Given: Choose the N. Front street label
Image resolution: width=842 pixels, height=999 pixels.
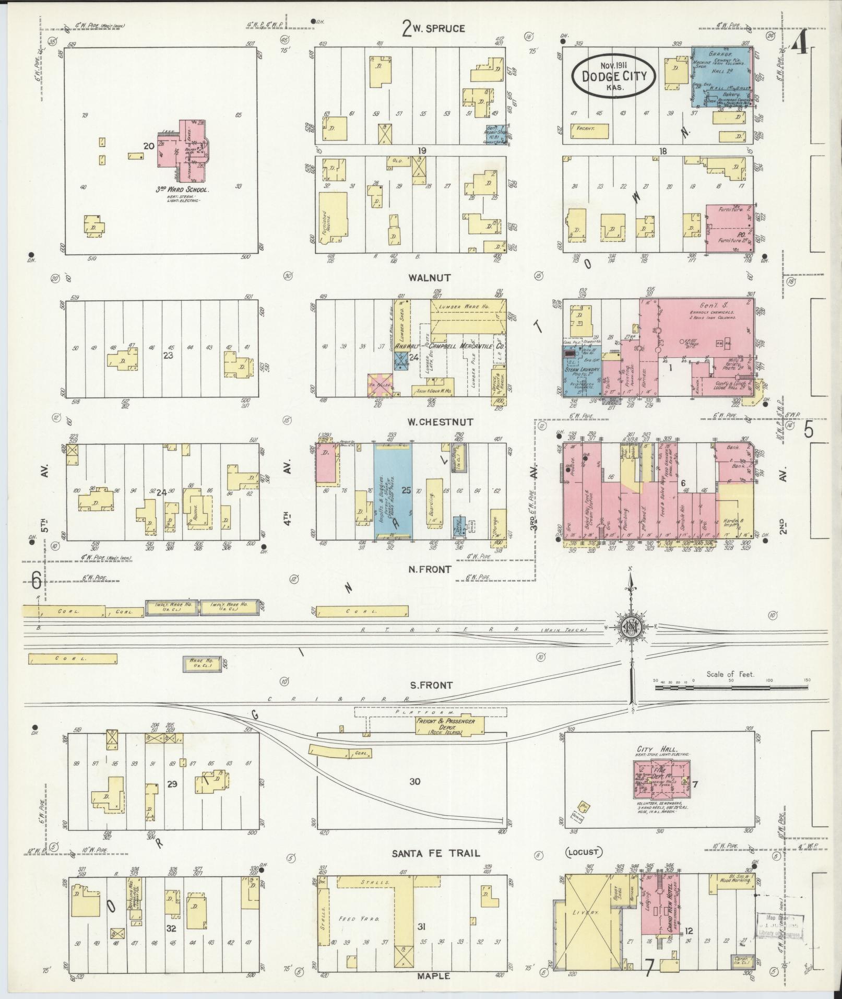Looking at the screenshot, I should coord(429,569).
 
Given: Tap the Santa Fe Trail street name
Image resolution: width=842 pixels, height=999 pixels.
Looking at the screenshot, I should coord(436,853).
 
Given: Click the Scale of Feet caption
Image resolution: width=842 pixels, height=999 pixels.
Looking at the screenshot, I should coord(730,674).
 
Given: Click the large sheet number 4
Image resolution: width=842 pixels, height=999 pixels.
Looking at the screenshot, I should coord(800,46).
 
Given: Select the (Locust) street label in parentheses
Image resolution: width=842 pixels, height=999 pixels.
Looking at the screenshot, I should coord(584,852).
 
